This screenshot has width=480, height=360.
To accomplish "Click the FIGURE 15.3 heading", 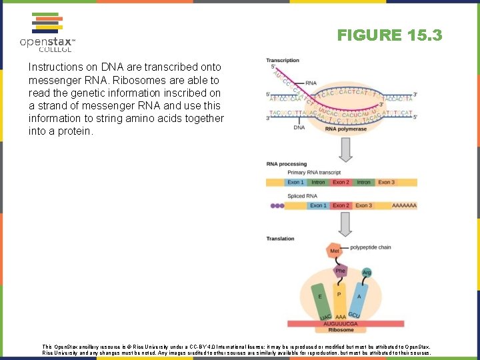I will (x=389, y=35).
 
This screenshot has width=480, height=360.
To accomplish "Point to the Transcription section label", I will (x=283, y=61).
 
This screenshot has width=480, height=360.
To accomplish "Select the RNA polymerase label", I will (x=345, y=129).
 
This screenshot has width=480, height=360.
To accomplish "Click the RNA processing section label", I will (x=286, y=163).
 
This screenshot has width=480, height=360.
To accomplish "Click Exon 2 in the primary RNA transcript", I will (x=341, y=182).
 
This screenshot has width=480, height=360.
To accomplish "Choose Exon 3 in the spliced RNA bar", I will (x=363, y=205).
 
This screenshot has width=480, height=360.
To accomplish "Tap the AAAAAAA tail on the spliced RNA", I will (x=404, y=205).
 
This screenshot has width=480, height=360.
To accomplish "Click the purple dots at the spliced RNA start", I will (x=277, y=205).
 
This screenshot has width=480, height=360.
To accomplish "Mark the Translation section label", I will (x=280, y=239).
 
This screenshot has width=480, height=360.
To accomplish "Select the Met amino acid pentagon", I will (x=335, y=251).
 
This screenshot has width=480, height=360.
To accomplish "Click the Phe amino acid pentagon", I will (x=341, y=271).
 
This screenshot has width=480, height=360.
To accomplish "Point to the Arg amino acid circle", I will (x=367, y=272).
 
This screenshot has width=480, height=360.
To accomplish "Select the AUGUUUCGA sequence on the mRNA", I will (x=341, y=324).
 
